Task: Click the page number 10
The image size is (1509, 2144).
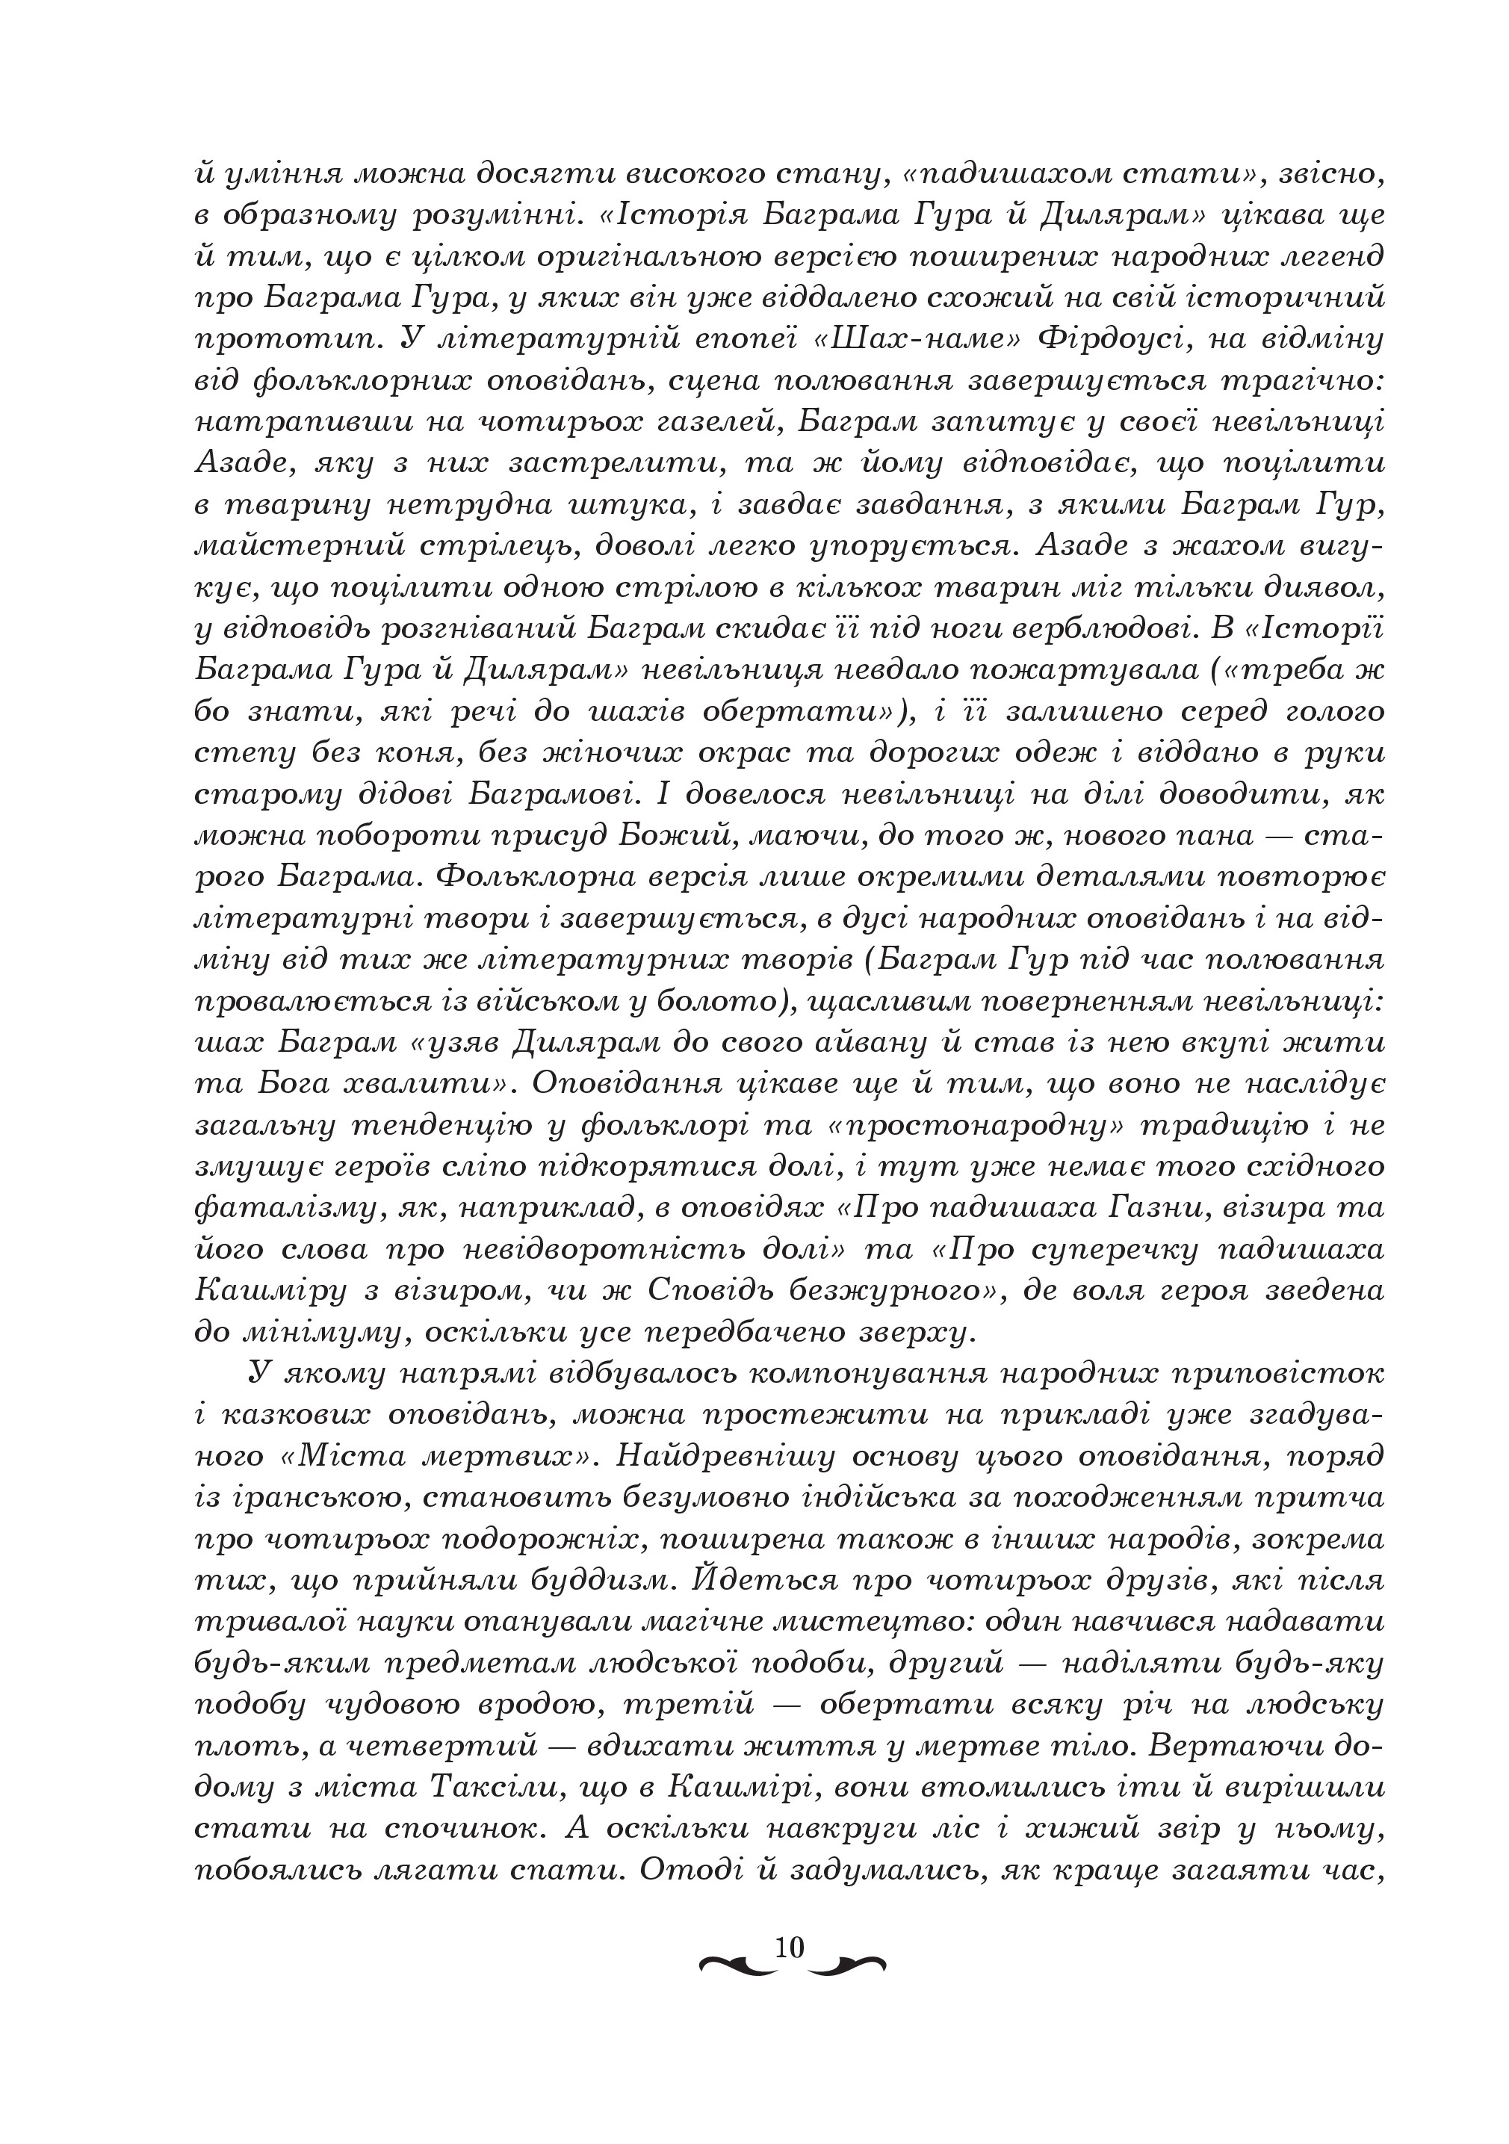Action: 789,1946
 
